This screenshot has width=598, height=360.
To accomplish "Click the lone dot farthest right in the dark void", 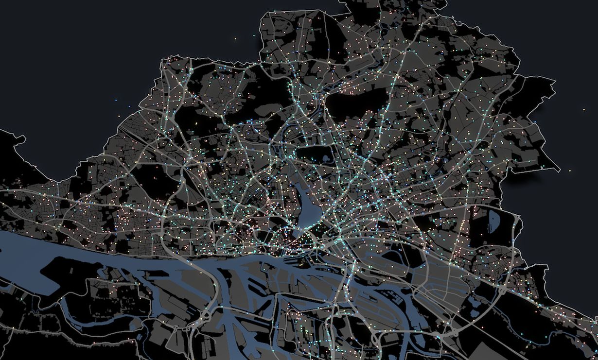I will click(584, 110).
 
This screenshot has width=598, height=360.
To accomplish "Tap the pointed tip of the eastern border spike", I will click(559, 171).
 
